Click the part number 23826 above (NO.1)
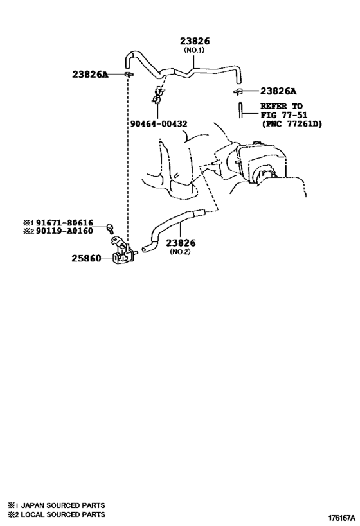(195, 41)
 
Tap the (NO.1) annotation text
(194, 50)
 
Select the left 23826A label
(91, 74)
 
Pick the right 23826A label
(278, 91)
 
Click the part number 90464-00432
(159, 124)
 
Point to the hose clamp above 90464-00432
(159, 95)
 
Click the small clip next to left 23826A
(129, 74)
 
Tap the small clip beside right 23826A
(238, 91)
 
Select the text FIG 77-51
(283, 115)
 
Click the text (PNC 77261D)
(291, 124)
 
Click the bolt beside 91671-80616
(110, 228)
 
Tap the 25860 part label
(86, 258)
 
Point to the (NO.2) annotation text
(180, 252)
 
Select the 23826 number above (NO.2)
(181, 243)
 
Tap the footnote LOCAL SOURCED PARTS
(63, 514)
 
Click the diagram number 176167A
(341, 518)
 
